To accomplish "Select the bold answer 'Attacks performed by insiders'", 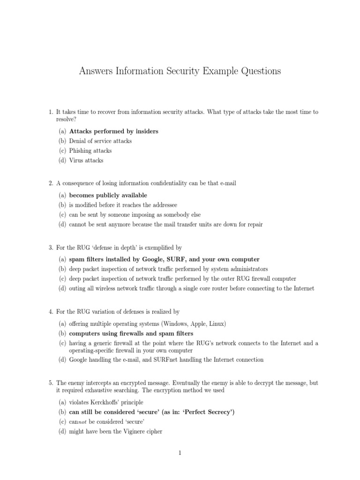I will [x=113, y=131].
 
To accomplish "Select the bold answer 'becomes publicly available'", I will [x=108, y=195].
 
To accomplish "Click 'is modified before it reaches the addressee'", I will [x=123, y=205].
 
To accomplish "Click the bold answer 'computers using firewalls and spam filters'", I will [x=131, y=333].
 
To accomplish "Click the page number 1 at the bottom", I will [x=180, y=453].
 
